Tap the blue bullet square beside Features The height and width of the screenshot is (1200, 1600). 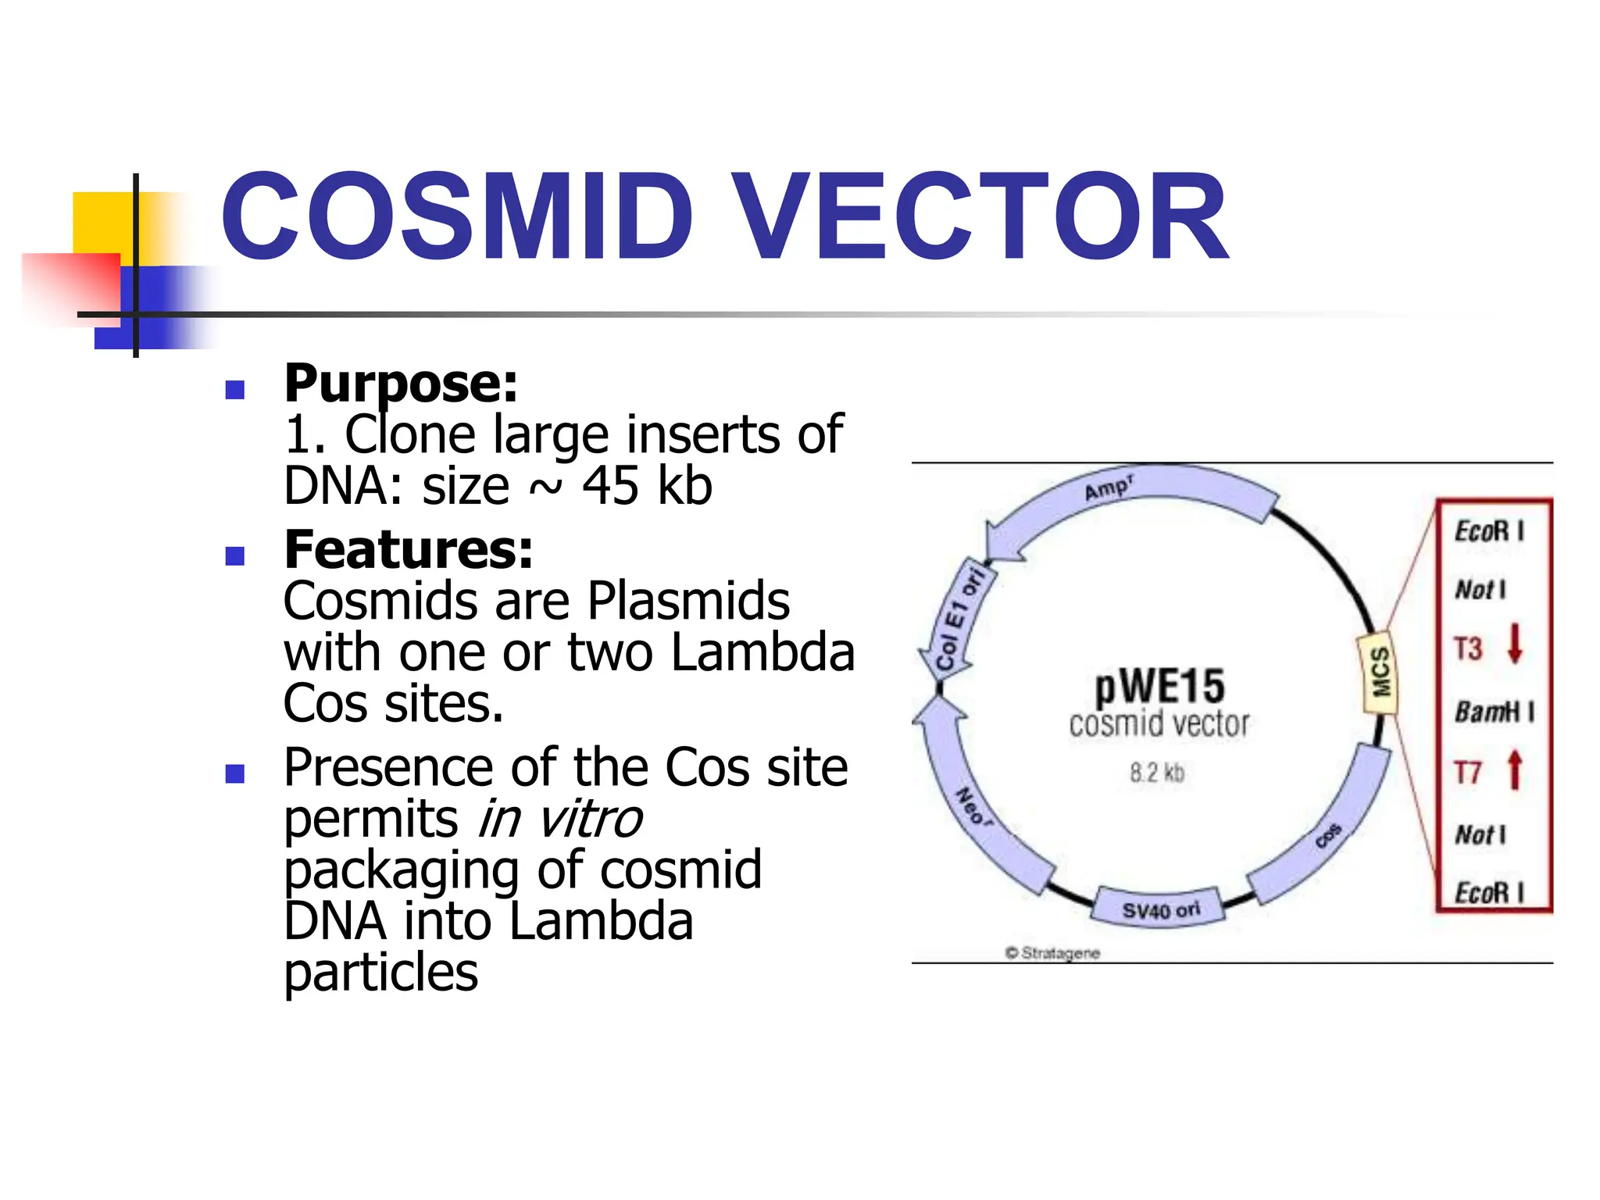pyautogui.click(x=234, y=555)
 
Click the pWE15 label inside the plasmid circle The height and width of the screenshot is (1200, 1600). pyautogui.click(x=1159, y=687)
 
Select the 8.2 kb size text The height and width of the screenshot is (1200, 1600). pyautogui.click(x=1157, y=773)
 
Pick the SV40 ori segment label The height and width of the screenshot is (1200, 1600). pyautogui.click(x=1160, y=910)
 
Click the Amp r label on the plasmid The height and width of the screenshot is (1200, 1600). pyautogui.click(x=1109, y=489)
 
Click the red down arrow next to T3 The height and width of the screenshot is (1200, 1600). pyautogui.click(x=1515, y=643)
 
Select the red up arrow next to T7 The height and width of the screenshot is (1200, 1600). pyautogui.click(x=1515, y=770)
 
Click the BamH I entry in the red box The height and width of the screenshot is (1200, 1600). pyautogui.click(x=1493, y=712)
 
